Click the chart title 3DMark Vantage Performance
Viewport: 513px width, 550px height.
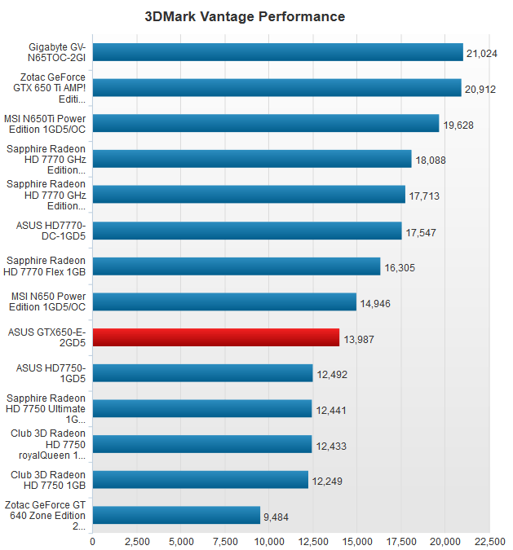[245, 16]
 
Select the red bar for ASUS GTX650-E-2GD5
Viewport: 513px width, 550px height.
[215, 337]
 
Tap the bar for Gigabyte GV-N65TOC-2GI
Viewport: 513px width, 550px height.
[277, 52]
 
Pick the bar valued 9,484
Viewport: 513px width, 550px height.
[176, 515]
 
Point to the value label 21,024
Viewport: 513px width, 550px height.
[482, 54]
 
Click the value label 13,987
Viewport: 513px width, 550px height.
[359, 339]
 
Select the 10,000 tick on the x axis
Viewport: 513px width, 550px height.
[269, 541]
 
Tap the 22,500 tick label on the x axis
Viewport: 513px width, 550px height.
[489, 541]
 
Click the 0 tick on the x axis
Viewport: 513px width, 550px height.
[92, 541]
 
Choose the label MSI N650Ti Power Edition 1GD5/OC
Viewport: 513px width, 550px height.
[49, 123]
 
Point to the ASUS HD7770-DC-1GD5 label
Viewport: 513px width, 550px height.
[51, 231]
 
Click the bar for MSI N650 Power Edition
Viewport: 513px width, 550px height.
[224, 302]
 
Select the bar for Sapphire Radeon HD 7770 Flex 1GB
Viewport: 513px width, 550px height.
[237, 266]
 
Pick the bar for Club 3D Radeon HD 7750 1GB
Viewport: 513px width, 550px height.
[200, 480]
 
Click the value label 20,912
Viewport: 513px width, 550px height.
[480, 89]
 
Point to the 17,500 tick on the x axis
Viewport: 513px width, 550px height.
[401, 541]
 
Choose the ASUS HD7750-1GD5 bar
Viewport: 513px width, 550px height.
[202, 373]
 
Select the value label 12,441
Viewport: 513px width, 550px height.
[331, 410]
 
